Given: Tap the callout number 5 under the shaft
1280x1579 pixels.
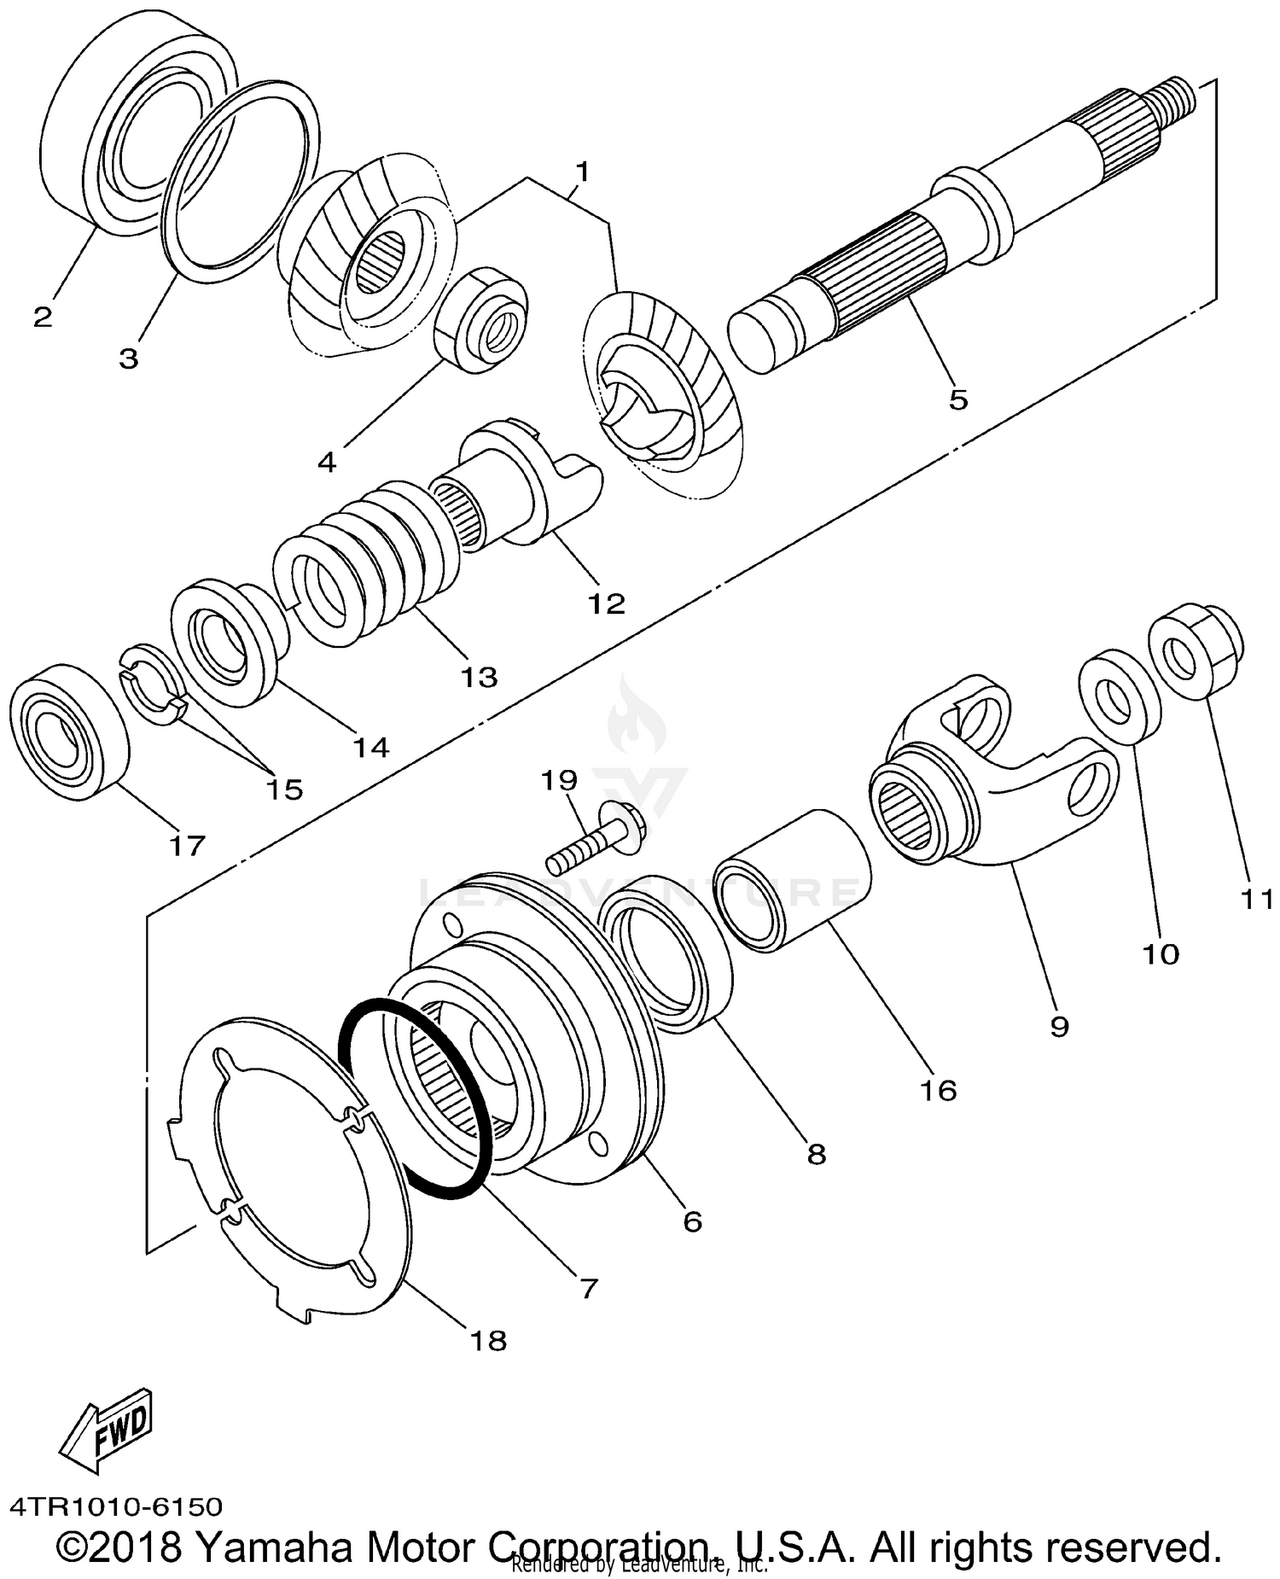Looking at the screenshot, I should (958, 399).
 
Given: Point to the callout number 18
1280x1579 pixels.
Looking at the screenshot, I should (489, 1340).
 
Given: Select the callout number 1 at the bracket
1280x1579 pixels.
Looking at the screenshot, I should (582, 172).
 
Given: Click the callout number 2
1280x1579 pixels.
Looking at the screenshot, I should (43, 317).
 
